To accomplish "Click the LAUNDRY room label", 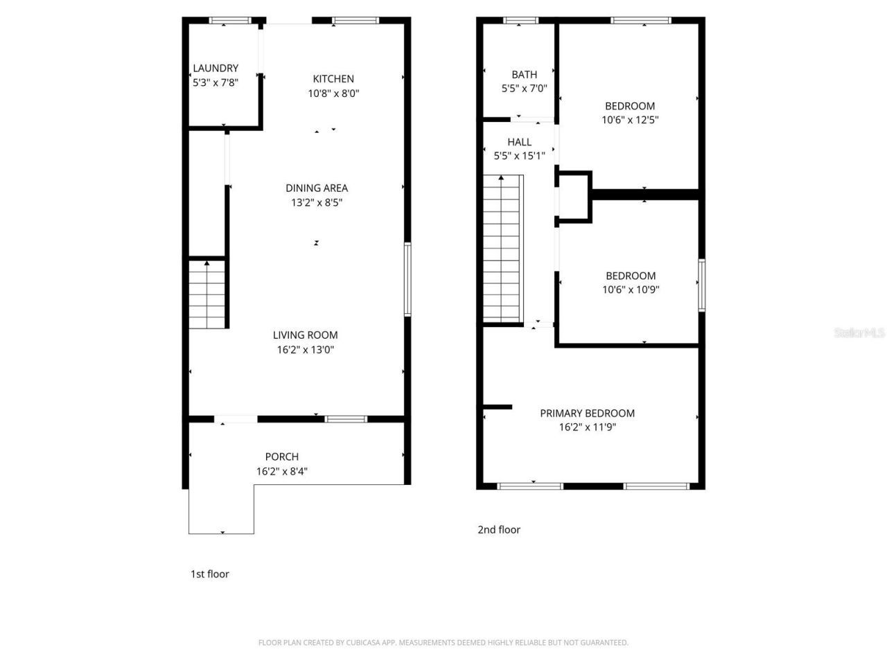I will tap(216, 68).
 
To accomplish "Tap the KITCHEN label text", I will tap(333, 79).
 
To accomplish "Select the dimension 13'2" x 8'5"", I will tap(317, 203).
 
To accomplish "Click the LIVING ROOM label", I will tap(305, 335).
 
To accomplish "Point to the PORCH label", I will tap(282, 457).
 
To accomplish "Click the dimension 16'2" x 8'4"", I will tap(282, 472).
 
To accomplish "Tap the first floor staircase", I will tap(207, 294).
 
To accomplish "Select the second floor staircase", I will tap(502, 249).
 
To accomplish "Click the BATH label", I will tap(524, 75).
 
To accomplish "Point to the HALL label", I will tap(519, 142).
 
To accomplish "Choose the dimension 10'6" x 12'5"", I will tap(630, 120).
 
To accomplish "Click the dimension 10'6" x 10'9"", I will tap(630, 290).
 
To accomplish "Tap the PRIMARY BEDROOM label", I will tap(587, 414).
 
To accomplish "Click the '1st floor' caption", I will tap(209, 574).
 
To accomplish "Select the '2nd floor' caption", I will tap(498, 530).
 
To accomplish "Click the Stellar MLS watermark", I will tap(859, 333).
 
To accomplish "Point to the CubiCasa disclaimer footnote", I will tap(443, 643).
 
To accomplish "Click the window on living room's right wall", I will tap(407, 279).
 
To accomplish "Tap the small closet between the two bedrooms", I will tap(574, 197).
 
